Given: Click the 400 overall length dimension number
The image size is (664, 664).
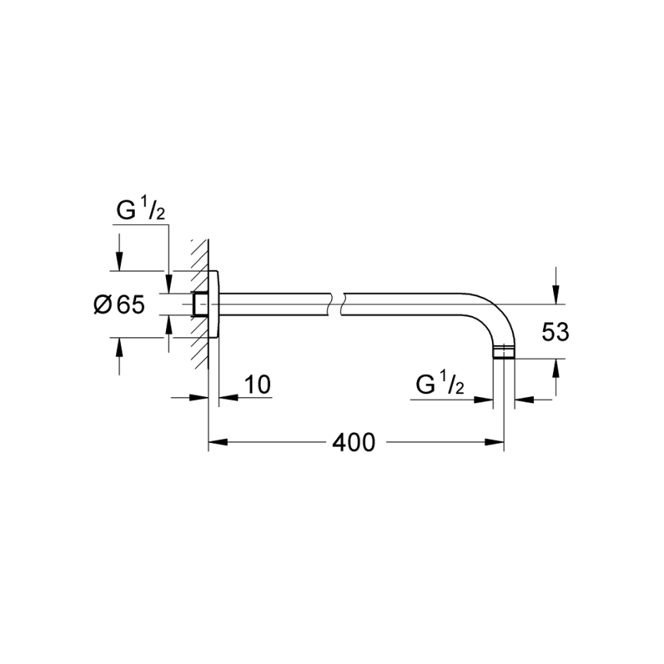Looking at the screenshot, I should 354,442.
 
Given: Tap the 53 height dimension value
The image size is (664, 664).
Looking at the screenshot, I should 555,332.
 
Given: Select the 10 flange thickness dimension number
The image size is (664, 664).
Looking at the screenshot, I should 259,384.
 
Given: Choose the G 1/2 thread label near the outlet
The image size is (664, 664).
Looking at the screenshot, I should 440,385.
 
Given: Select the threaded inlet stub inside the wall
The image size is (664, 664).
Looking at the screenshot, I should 200,304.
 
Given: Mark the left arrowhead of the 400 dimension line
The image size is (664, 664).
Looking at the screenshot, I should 216,442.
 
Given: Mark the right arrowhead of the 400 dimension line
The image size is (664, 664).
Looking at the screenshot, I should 496,442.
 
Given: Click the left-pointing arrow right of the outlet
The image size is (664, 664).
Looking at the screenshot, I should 522,399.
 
